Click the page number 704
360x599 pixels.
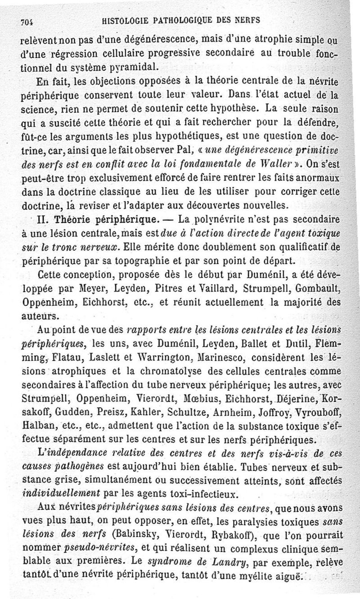coord(28,21)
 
